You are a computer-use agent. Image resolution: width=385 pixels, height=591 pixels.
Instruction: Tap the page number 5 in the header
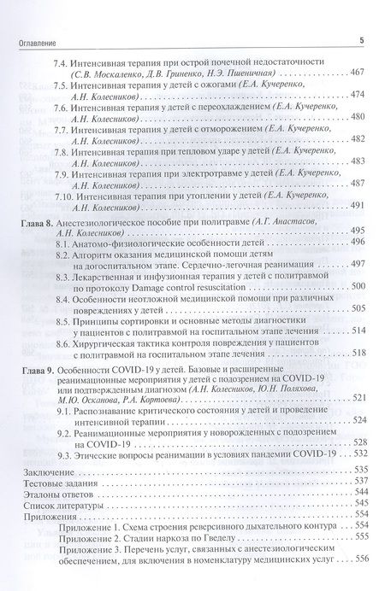click(362, 40)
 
